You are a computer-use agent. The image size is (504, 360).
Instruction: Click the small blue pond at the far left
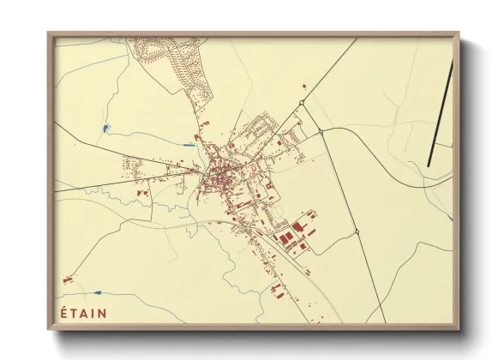click(x=105, y=129)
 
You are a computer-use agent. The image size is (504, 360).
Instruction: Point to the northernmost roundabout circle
click(x=302, y=104)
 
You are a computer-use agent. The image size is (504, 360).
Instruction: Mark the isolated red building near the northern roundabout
click(x=303, y=87)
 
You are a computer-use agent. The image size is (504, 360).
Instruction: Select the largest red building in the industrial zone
click(x=297, y=229)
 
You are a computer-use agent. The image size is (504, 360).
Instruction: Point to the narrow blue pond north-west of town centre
click(x=186, y=144)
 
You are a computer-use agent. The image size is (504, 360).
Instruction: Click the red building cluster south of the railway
click(x=276, y=289)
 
